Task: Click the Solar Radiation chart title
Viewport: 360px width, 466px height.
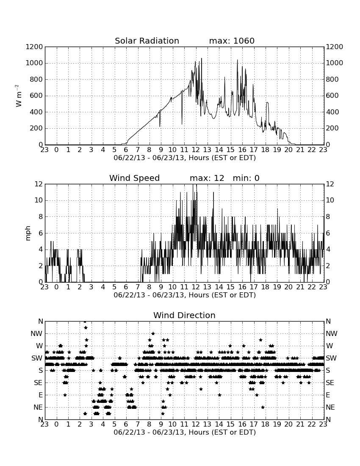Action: (147, 41)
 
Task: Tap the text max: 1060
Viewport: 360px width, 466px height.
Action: (232, 41)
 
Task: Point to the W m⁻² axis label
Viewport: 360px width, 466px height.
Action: (19, 96)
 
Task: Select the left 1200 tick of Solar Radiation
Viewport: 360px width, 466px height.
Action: (34, 47)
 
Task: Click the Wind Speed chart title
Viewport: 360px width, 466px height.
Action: (134, 178)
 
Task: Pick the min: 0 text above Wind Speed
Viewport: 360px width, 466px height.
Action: (246, 178)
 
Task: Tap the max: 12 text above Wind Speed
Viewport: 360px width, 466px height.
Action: (207, 178)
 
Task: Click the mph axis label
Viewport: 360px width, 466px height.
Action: (28, 233)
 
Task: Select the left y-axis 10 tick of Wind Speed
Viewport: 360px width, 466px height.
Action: (39, 200)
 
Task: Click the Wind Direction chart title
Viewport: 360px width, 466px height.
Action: (184, 315)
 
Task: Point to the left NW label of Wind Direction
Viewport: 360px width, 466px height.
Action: (36, 333)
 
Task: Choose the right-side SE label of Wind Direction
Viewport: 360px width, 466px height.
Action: (330, 383)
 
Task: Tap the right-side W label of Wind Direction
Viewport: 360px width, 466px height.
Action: (330, 346)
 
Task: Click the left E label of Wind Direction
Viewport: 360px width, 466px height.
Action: (41, 395)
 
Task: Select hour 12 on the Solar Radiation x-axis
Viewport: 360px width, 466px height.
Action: (196, 150)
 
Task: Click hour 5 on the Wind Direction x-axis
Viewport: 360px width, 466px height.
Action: (114, 424)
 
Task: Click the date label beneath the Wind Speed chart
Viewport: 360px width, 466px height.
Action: (185, 295)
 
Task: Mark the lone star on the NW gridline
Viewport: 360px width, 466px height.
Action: (153, 333)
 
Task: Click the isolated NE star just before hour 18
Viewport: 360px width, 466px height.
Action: (263, 407)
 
